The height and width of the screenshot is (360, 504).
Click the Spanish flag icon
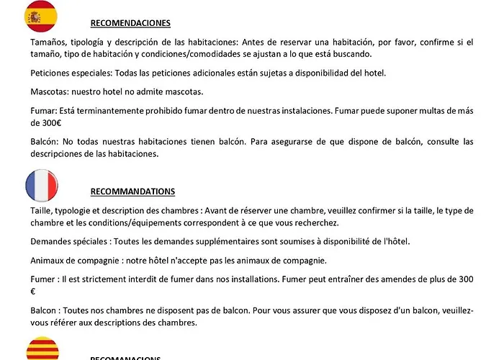click(x=41, y=17)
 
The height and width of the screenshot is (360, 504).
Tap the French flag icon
click(x=46, y=186)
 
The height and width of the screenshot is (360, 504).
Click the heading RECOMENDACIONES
click(x=130, y=23)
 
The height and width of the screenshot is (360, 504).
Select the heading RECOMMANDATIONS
click(x=132, y=192)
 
